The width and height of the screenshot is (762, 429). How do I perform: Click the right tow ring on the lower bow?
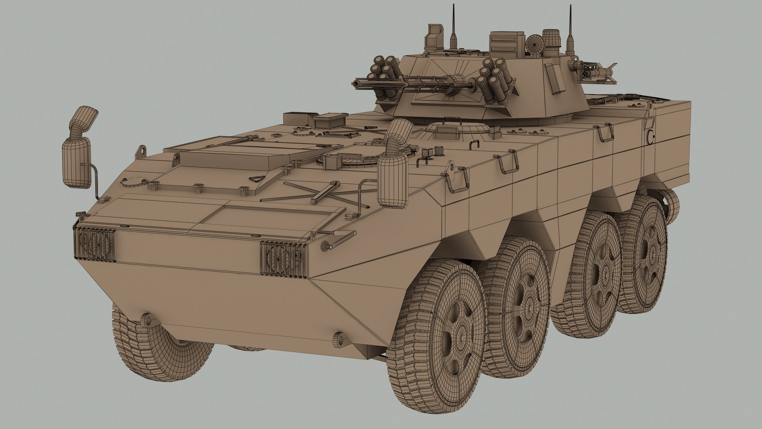(x=338, y=339)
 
